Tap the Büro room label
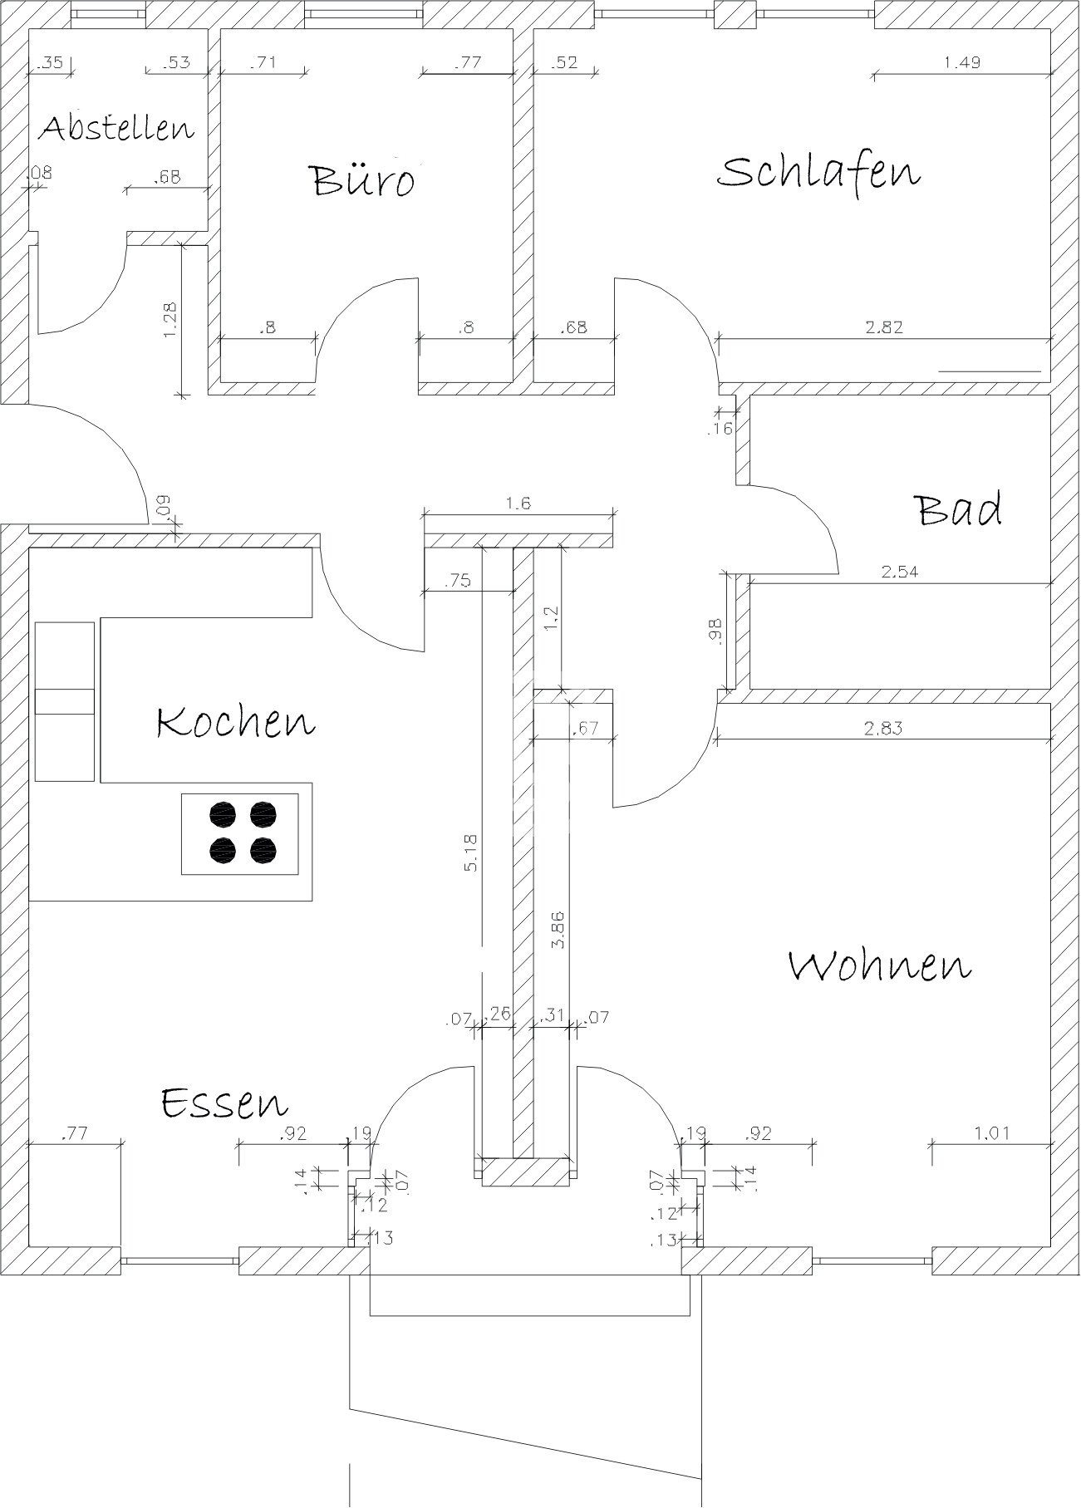tap(362, 179)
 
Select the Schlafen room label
tap(818, 172)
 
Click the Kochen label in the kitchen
tap(236, 721)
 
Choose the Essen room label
tap(224, 1102)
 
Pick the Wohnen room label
tap(879, 965)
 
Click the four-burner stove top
tap(241, 833)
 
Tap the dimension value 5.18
tap(470, 852)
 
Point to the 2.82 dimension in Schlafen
tap(883, 327)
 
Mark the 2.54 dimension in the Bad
tap(900, 572)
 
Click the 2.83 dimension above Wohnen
tap(882, 729)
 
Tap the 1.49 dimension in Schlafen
tap(962, 62)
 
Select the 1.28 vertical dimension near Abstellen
tap(170, 319)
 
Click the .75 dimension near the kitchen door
tap(458, 581)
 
